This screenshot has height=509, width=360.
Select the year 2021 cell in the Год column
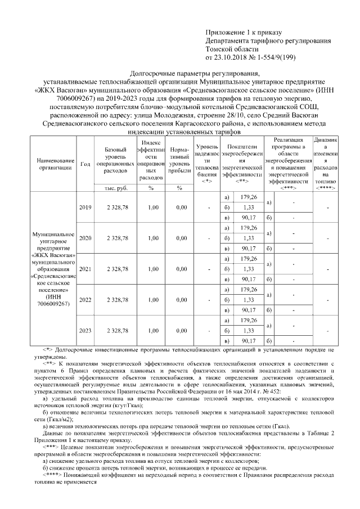85,269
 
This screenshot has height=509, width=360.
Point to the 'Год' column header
85,164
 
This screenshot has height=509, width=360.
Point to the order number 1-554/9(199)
271,57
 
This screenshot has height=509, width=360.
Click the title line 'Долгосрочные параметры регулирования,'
180,74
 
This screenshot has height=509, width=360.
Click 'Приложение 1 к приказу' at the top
243,33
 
